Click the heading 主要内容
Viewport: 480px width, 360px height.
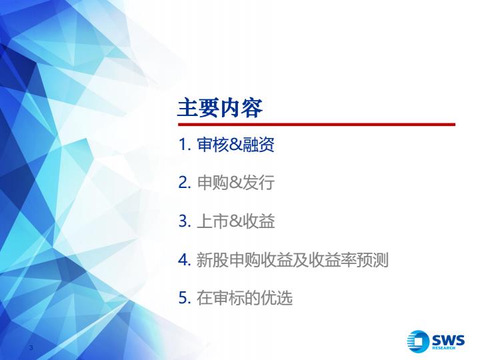click(x=220, y=108)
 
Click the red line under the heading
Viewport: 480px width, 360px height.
click(x=317, y=124)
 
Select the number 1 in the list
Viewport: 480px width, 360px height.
click(x=184, y=145)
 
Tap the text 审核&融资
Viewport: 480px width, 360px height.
click(x=235, y=145)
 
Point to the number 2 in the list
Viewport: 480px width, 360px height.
click(x=184, y=183)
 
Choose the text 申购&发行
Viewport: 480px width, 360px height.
click(x=235, y=183)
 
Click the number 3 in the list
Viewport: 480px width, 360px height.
click(x=184, y=221)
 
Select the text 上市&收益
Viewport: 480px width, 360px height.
click(x=235, y=221)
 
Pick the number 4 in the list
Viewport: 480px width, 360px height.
click(x=185, y=259)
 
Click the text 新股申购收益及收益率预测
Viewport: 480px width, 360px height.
click(x=293, y=259)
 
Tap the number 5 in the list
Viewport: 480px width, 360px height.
click(x=184, y=297)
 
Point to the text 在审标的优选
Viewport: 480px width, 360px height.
click(x=244, y=297)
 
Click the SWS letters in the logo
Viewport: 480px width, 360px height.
click(x=448, y=340)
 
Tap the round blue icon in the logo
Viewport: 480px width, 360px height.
click(x=418, y=341)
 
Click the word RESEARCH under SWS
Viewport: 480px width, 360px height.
click(x=443, y=348)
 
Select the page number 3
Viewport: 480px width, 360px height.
click(x=31, y=347)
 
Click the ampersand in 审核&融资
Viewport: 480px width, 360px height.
click(x=235, y=145)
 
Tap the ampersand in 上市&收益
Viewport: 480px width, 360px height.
click(x=235, y=221)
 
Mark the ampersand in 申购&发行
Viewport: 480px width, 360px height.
click(x=235, y=183)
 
